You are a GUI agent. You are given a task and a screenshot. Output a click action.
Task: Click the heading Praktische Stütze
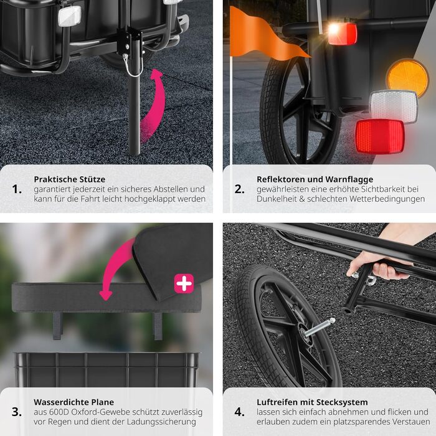[70, 179]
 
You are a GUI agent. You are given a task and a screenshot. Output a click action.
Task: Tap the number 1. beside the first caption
[17, 189]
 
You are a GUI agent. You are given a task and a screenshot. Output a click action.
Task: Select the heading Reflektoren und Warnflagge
[315, 179]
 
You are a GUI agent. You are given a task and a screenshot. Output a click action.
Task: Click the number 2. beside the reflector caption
[239, 189]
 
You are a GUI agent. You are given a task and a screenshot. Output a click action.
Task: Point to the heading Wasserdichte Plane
[73, 402]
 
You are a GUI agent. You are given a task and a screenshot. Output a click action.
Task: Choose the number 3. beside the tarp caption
[17, 412]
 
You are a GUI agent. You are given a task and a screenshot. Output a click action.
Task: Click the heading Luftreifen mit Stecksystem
[312, 402]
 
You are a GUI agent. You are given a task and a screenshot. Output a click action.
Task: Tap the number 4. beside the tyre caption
[239, 412]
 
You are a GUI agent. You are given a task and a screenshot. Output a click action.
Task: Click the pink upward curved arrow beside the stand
[156, 106]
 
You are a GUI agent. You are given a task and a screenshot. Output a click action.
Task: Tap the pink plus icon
[184, 283]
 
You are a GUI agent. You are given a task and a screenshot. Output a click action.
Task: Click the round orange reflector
[407, 78]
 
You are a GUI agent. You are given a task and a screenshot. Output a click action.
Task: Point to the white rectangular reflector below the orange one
[394, 107]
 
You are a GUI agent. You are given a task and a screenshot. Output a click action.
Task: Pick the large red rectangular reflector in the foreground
[379, 136]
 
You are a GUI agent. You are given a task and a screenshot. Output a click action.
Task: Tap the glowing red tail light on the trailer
[342, 34]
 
